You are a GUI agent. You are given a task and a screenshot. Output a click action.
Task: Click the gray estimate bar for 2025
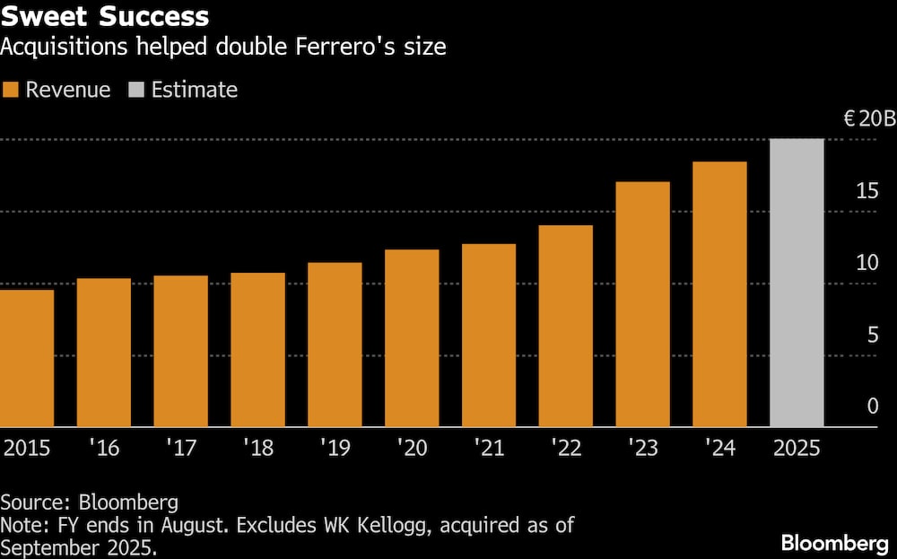point(797,283)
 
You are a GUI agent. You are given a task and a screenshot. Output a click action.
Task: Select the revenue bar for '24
point(720,294)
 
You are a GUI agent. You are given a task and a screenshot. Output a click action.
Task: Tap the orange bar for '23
point(643,304)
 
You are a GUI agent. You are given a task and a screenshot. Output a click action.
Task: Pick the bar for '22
point(566,326)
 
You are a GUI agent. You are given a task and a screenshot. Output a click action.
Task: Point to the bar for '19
point(335,345)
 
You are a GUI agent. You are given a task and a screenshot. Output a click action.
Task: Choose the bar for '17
point(181,351)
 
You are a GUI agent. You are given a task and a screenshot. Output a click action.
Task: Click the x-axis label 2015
point(27,448)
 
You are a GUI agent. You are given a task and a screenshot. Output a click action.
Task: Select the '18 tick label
point(258,448)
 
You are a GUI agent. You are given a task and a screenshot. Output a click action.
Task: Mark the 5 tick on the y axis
point(872,335)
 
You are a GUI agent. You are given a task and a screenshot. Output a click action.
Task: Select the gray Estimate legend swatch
point(136,90)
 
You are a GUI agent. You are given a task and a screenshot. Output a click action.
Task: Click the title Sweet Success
point(105,16)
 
